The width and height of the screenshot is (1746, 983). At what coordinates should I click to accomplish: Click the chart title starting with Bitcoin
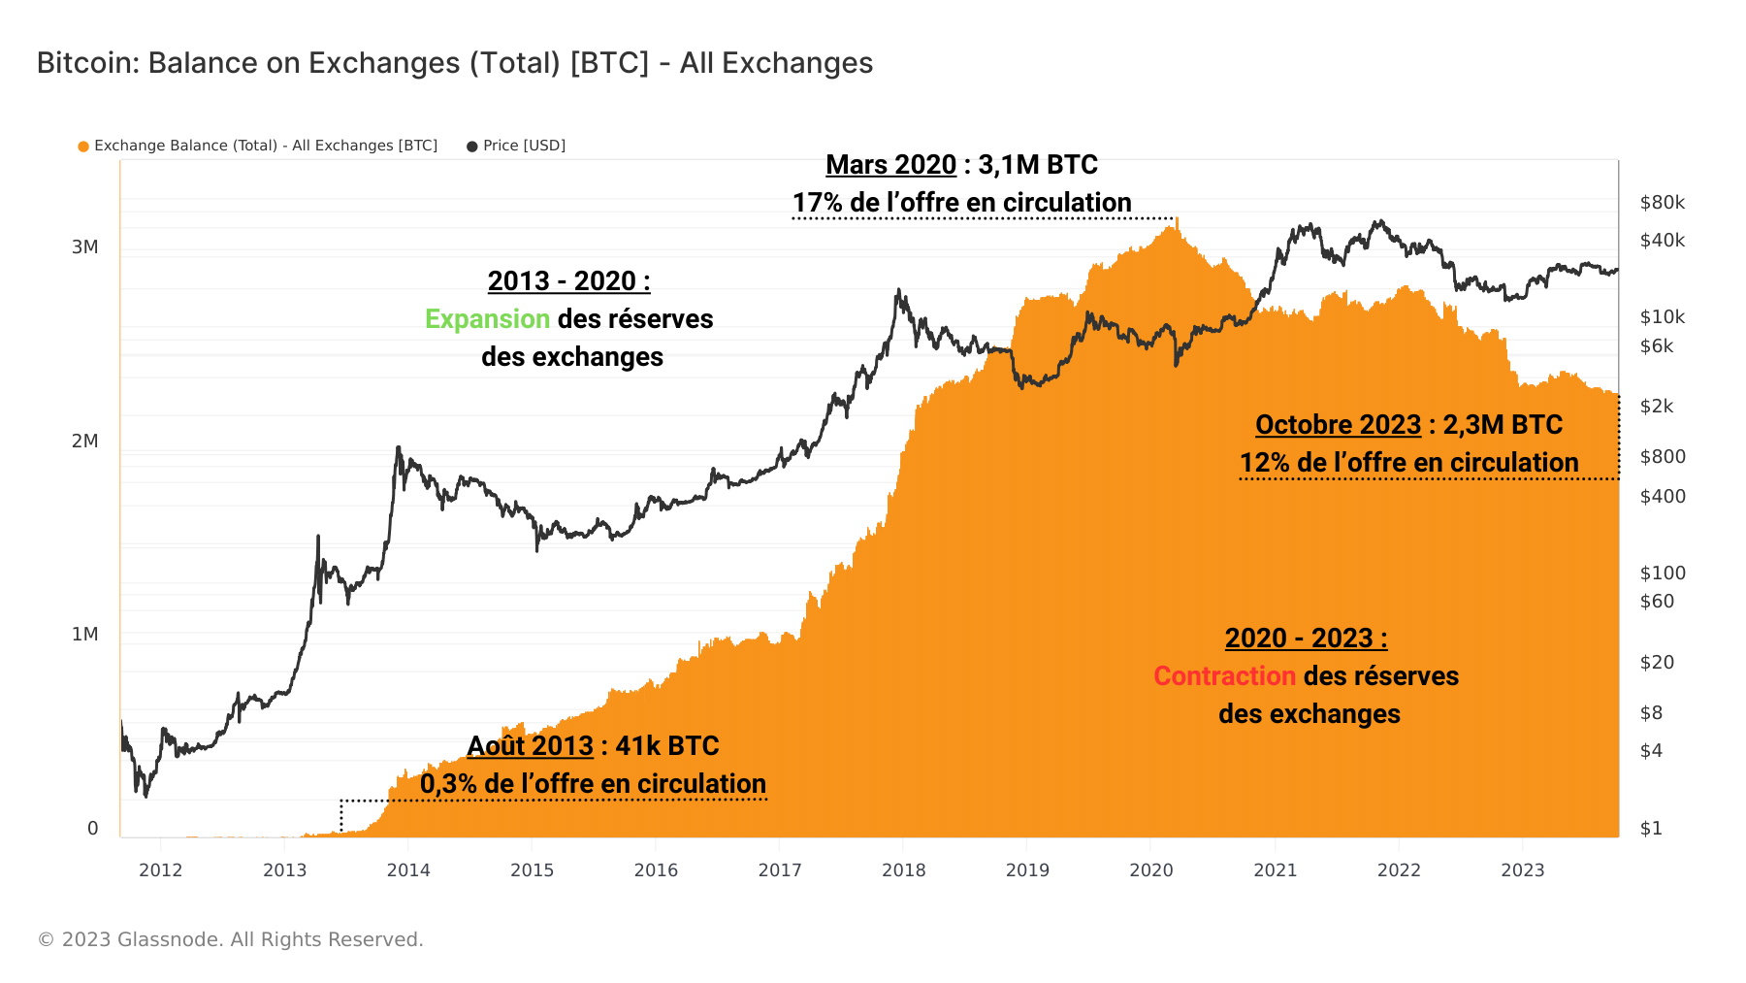[x=454, y=63]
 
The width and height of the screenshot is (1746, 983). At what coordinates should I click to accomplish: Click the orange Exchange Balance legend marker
[x=83, y=147]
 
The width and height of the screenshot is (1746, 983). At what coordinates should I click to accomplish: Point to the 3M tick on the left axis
[x=85, y=247]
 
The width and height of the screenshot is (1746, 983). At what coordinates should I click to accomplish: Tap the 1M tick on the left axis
[x=85, y=635]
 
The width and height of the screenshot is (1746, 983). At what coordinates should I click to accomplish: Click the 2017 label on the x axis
[x=780, y=870]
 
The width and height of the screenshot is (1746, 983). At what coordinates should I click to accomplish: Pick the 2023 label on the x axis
[x=1522, y=870]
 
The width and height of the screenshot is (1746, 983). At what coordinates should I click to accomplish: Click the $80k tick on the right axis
[x=1662, y=203]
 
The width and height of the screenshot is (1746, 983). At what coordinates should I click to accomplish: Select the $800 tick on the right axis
[x=1662, y=457]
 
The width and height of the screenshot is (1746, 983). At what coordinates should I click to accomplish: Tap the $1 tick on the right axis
[x=1651, y=829]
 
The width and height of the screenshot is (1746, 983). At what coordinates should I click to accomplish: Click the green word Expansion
[x=488, y=319]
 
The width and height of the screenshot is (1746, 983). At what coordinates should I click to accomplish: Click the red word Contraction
[x=1224, y=676]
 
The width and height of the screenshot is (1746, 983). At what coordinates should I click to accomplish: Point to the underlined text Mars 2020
[x=890, y=165]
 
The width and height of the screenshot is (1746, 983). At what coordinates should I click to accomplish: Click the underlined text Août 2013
[x=530, y=746]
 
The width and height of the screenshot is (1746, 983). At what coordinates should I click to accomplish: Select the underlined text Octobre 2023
[x=1338, y=425]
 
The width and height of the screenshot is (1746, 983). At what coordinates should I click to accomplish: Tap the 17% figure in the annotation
[x=817, y=203]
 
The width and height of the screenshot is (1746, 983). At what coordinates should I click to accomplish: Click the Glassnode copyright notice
[x=230, y=939]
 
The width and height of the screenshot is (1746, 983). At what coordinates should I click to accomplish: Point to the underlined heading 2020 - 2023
[x=1306, y=639]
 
